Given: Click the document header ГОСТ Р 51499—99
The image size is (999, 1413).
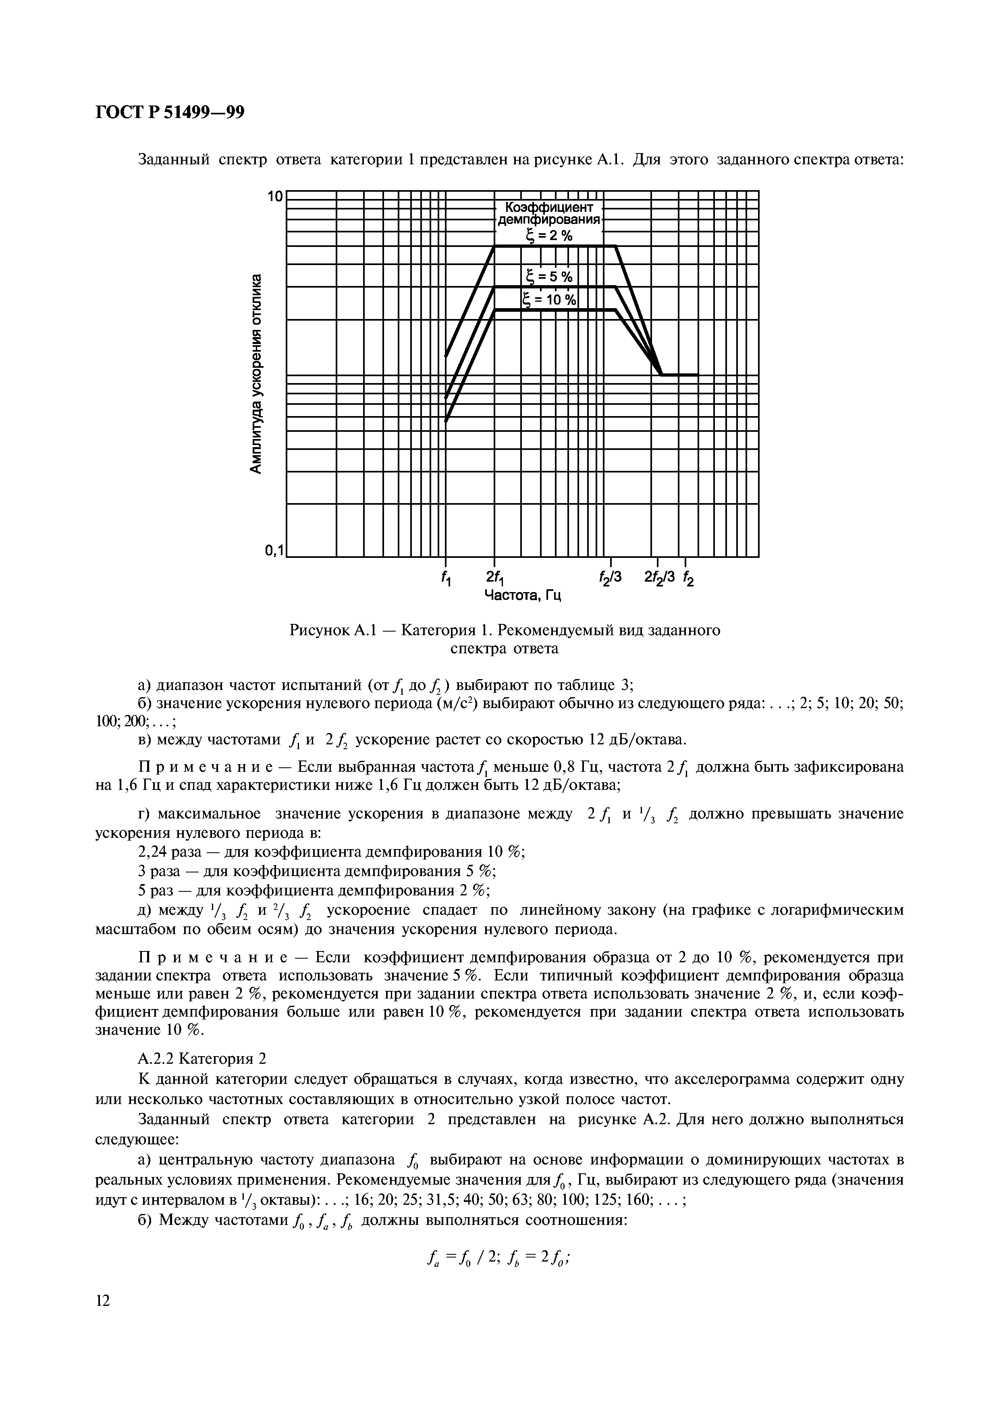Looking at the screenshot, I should click(x=170, y=113).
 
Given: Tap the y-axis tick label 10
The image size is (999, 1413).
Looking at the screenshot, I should click(x=274, y=197).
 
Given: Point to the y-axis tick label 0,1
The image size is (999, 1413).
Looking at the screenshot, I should click(x=273, y=549).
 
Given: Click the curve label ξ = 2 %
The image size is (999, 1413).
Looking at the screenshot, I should click(x=548, y=235).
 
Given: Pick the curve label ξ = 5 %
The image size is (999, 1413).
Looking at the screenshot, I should click(x=549, y=277).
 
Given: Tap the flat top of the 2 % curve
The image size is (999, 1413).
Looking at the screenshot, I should click(x=554, y=246).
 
